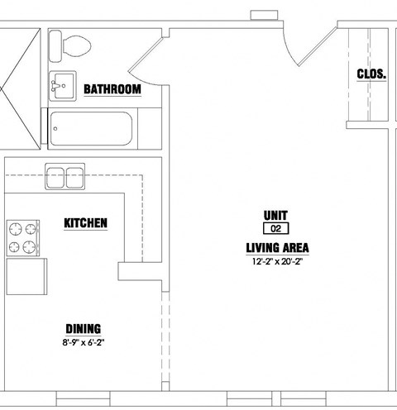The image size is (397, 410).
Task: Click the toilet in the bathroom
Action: click(70, 46)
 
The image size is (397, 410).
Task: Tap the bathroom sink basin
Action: click(63, 86)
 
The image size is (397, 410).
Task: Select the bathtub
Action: click(91, 129)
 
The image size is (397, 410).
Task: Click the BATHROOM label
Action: click(112, 89)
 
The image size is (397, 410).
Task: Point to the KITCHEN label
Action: click(85, 223)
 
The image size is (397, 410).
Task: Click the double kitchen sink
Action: click(65, 177)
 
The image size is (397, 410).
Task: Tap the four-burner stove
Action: click(23, 238)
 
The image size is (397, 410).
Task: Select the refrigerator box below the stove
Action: click(26, 276)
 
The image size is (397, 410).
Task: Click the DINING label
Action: click(84, 329)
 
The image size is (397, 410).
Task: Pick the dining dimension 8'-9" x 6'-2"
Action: click(84, 343)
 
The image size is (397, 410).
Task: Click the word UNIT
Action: click(275, 216)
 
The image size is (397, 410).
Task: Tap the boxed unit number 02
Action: click(276, 229)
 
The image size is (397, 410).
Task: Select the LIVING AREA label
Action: click(277, 248)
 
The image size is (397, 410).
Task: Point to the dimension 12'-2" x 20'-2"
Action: click(277, 261)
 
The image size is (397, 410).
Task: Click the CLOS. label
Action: click(371, 74)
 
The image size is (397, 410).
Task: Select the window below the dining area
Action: click(84, 398)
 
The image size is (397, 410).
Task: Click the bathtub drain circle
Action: click(55, 129)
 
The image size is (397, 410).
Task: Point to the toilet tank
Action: click(55, 46)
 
